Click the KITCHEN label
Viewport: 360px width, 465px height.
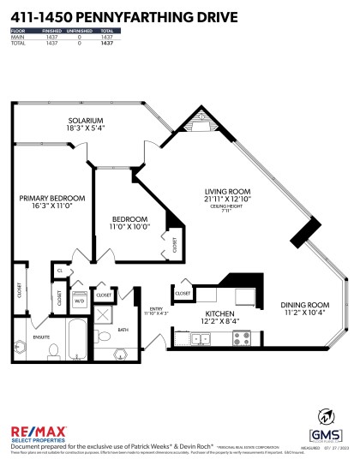click(x=217, y=315)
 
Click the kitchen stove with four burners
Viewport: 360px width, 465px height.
click(x=231, y=338)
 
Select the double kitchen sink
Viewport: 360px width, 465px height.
click(x=201, y=338)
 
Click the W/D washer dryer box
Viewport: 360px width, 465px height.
click(x=79, y=301)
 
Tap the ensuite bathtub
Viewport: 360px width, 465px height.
click(x=75, y=340)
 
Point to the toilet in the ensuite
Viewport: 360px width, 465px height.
click(x=51, y=351)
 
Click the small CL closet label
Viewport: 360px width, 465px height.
click(x=60, y=270)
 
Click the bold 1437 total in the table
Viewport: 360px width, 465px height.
click(x=107, y=43)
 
